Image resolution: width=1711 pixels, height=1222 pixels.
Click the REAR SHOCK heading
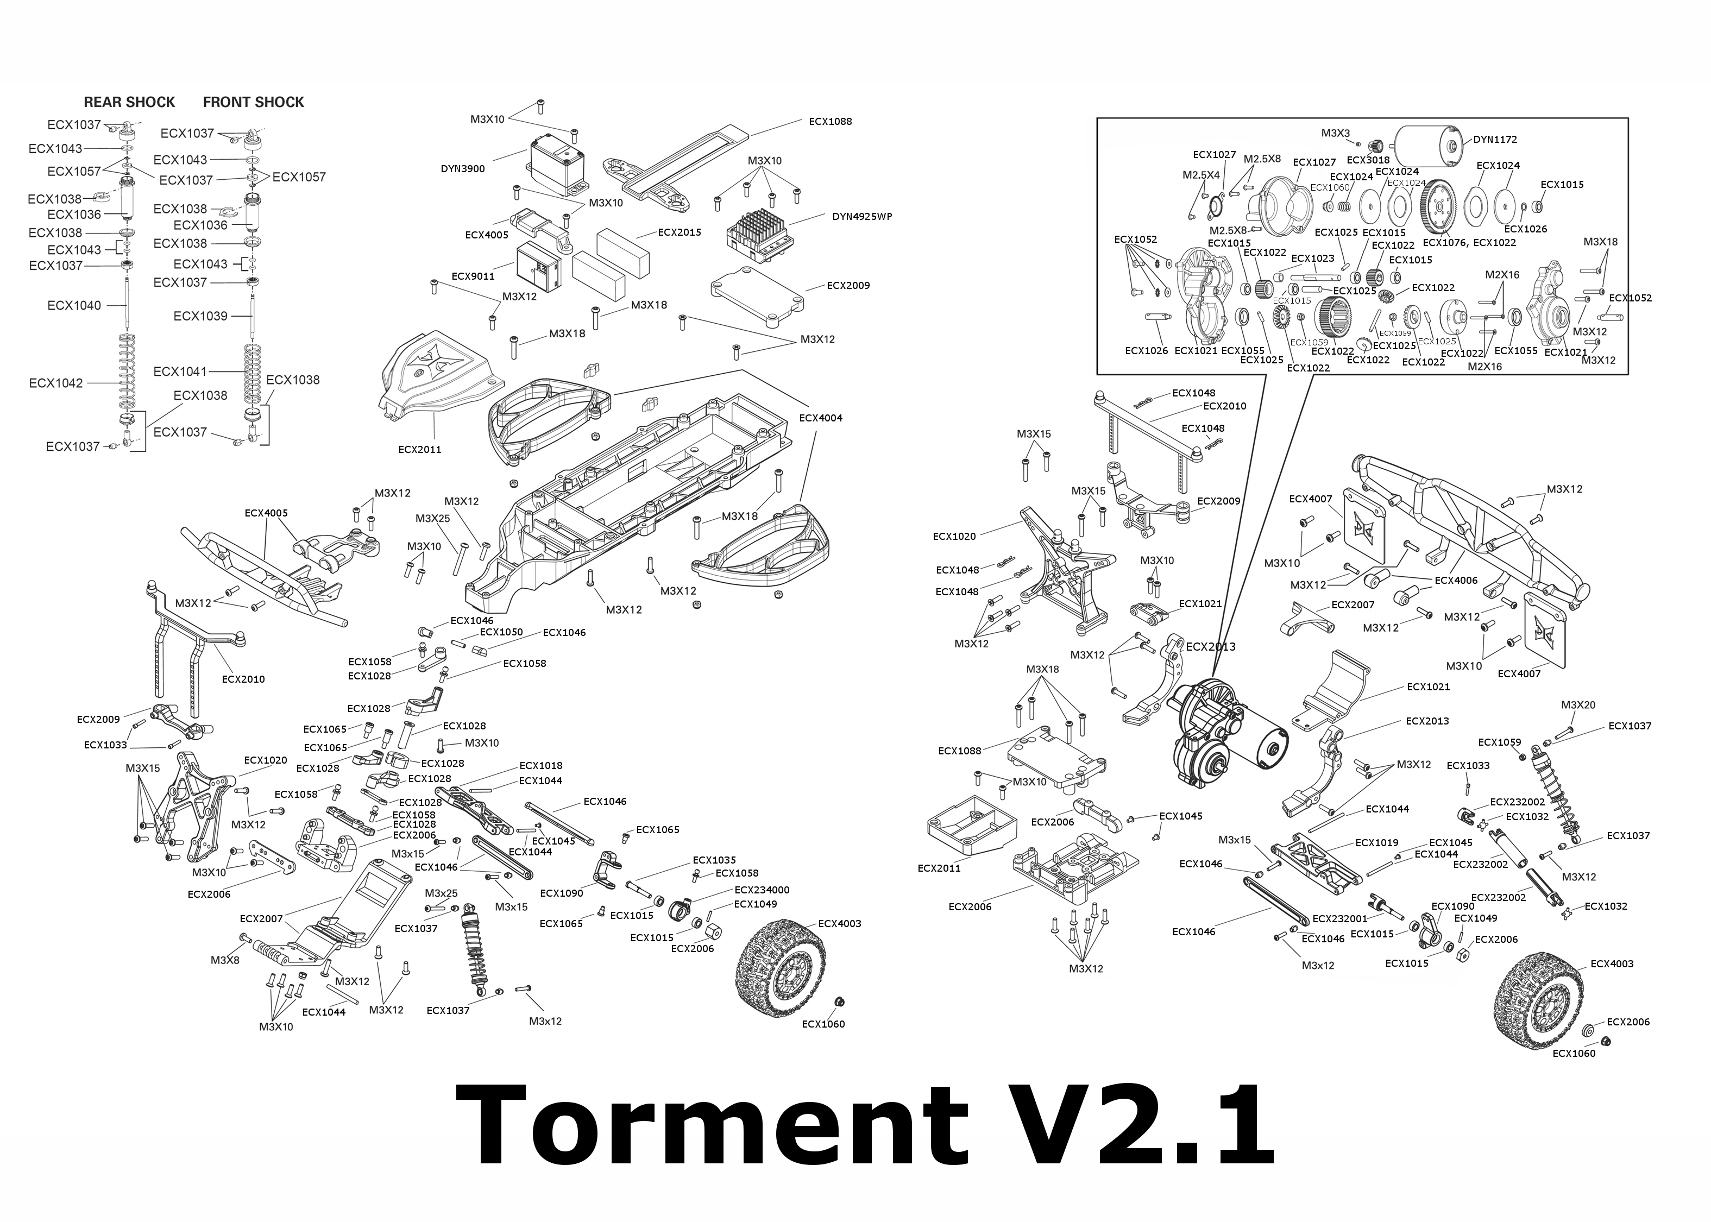129,102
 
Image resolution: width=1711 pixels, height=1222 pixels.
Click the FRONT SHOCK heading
254,102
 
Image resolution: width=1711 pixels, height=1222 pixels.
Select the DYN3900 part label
463,168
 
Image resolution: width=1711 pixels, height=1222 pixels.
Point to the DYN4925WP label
861,217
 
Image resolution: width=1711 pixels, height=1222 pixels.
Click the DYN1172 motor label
1495,139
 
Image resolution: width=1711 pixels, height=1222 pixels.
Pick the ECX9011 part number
473,276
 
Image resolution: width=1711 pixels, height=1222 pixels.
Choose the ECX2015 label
680,232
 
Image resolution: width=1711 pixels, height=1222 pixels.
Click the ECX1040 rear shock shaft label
74,305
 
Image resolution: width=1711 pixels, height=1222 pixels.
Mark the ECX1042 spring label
56,383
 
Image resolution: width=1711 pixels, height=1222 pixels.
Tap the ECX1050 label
501,632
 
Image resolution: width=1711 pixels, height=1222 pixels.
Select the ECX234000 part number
762,890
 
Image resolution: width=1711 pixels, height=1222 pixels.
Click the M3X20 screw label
1578,705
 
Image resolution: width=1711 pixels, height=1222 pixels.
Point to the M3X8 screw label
224,960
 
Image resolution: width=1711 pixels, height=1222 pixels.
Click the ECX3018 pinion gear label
1368,160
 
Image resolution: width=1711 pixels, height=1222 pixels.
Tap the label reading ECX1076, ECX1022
1469,242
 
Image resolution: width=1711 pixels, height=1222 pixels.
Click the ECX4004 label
820,418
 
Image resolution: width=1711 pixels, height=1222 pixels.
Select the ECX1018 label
540,766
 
